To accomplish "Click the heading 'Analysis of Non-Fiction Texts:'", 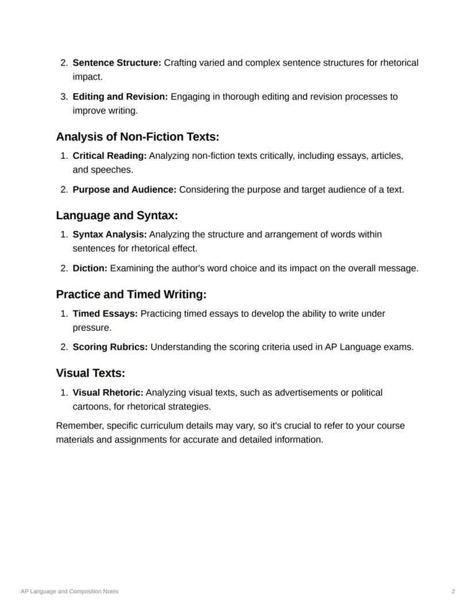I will coord(137,137).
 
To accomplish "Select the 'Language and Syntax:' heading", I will coord(117,216).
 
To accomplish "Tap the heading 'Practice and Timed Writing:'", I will coord(131,294).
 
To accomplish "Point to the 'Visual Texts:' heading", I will coord(90,373).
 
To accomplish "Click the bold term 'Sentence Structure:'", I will coord(117,63).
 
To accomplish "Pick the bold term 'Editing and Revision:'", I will coord(120,97).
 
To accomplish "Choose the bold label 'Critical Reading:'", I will coord(110,156).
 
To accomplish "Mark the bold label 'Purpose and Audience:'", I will coord(124,190).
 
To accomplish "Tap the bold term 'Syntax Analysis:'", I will coord(110,235).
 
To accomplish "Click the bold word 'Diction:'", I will coord(90,269).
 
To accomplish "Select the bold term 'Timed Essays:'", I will coord(105,314).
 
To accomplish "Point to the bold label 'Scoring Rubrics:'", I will coord(110,347).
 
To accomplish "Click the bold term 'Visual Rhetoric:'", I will coord(108,393).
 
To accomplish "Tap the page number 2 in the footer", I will coord(453,591).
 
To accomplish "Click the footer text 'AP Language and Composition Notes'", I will coord(70,591).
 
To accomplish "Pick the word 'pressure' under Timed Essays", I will coord(91,328).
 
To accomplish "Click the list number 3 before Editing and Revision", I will coord(63,97).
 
